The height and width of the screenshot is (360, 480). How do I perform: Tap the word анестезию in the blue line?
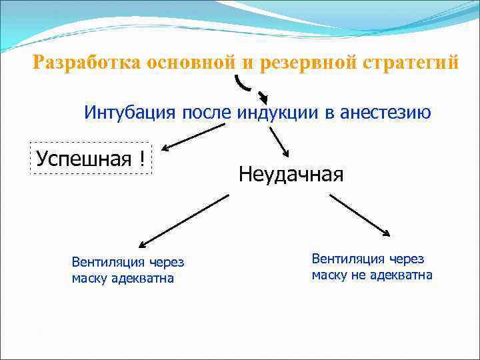[385, 112]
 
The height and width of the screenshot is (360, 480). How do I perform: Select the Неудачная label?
[291, 175]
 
